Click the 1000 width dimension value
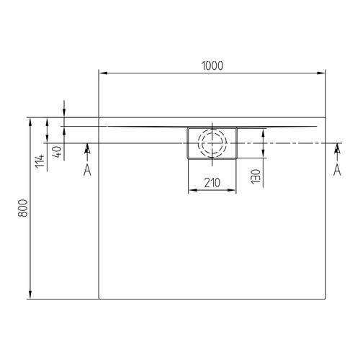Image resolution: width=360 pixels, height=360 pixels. click(x=212, y=66)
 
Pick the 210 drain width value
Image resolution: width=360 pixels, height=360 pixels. click(x=212, y=182)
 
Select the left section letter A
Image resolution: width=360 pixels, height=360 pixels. click(x=87, y=170)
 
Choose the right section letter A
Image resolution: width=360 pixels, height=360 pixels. click(x=336, y=170)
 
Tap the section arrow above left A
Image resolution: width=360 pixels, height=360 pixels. click(x=87, y=150)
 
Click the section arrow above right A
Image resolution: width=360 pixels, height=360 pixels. click(x=336, y=150)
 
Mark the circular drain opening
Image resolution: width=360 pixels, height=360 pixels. click(x=212, y=143)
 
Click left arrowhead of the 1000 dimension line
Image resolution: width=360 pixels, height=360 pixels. click(x=102, y=73)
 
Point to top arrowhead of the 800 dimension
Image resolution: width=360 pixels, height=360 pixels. click(x=30, y=121)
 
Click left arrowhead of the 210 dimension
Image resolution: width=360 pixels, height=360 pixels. click(x=191, y=191)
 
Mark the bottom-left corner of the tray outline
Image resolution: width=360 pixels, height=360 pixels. click(x=98, y=299)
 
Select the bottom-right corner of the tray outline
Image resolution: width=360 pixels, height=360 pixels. click(x=324, y=299)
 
